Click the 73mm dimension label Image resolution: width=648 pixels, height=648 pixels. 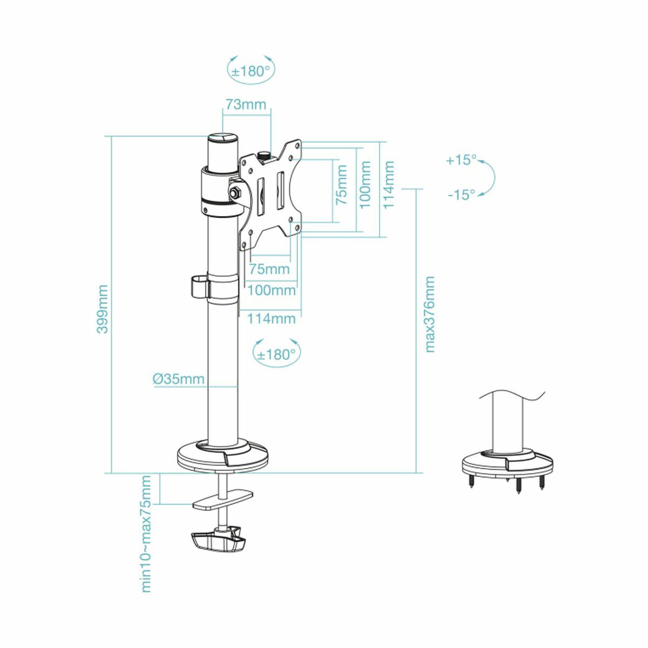pos(246,104)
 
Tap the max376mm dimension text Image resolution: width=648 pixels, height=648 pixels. pos(429,314)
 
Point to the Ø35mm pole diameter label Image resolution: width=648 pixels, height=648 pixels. pos(179,379)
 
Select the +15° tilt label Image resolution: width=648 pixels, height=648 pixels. pos(461,160)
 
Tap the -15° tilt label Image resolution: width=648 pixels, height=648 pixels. pos(461,194)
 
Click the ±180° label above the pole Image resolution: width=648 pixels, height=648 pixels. pos(250,71)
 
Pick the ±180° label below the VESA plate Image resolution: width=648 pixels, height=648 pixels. pos(276,354)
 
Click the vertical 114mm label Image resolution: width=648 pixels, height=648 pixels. pos(389,184)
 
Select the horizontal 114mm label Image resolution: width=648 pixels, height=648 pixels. pos(271,319)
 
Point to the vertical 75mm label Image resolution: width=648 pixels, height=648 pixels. pos(342,184)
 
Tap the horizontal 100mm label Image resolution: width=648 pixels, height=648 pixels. pos(271,291)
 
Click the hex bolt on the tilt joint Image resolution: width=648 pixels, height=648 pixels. pos(235,192)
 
